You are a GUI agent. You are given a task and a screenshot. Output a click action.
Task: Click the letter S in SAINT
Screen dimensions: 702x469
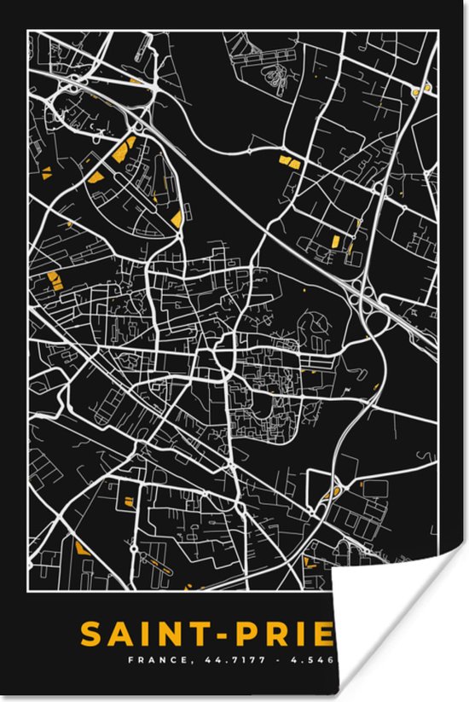[x=93, y=635]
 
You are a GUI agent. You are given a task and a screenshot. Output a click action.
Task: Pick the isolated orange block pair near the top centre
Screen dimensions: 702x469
[x=289, y=160]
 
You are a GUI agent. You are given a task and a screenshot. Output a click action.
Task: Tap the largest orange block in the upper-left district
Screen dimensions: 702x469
[x=122, y=151]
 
